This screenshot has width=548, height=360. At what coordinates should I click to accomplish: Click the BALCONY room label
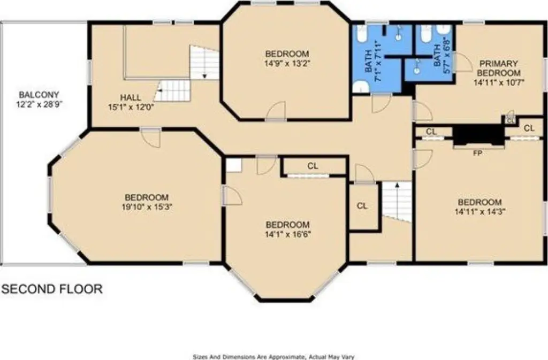pyautogui.click(x=39, y=95)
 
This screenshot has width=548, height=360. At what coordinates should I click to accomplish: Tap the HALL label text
pyautogui.click(x=131, y=97)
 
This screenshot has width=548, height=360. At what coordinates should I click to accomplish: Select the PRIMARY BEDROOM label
pyautogui.click(x=499, y=68)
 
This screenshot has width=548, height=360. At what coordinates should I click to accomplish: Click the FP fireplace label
pyautogui.click(x=478, y=153)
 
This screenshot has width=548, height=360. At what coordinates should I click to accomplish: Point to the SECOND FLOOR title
pyautogui.click(x=52, y=289)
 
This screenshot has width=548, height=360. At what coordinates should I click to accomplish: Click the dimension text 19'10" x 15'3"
pyautogui.click(x=147, y=206)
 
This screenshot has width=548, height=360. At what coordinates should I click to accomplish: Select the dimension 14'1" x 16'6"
pyautogui.click(x=288, y=234)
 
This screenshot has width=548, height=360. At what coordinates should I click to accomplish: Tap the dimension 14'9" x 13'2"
pyautogui.click(x=287, y=64)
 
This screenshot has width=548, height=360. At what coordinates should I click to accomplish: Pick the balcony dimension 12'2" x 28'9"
pyautogui.click(x=39, y=104)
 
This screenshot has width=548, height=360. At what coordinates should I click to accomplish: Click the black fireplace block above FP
pyautogui.click(x=478, y=135)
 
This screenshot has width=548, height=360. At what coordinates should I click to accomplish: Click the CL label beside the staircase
pyautogui.click(x=362, y=206)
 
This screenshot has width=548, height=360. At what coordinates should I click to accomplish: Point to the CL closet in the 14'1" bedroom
pyautogui.click(x=313, y=166)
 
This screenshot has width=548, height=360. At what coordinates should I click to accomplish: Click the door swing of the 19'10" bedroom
pyautogui.click(x=151, y=138)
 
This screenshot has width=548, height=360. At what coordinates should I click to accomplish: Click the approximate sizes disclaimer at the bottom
pyautogui.click(x=273, y=357)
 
